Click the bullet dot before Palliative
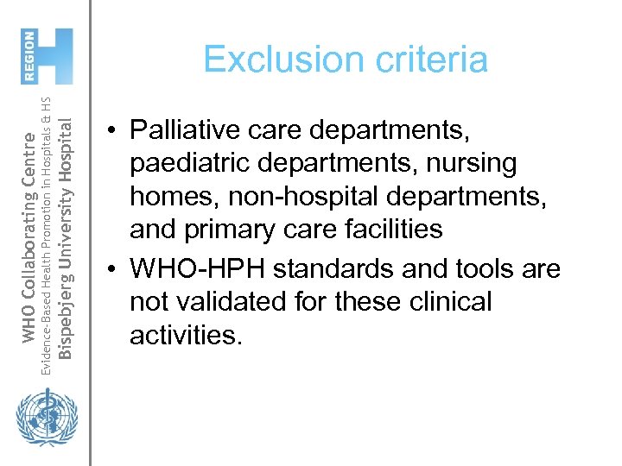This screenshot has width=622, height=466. [x=113, y=132]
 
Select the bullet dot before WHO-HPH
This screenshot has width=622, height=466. [x=113, y=270]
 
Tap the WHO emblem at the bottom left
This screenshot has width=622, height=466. [x=41, y=419]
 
